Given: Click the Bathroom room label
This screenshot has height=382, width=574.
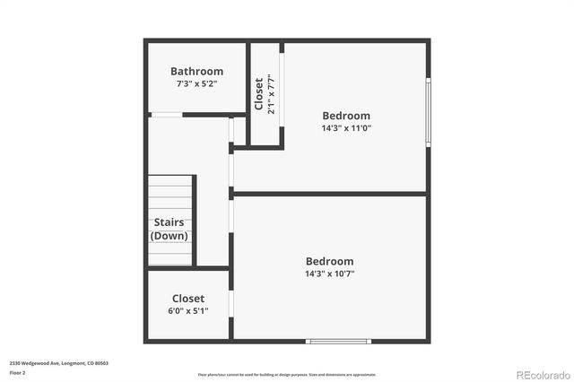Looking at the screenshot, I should point(196,72).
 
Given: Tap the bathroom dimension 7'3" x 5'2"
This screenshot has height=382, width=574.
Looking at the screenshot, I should point(196,83).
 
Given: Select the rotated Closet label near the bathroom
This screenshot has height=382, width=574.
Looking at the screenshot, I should point(258,93).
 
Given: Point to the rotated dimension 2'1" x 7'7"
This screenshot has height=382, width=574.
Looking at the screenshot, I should point(270,93).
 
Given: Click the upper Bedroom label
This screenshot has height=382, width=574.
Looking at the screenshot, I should point(346,116).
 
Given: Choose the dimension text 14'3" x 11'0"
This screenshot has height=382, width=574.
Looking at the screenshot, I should point(346,128).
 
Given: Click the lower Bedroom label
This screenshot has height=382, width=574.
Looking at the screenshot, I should point(329,262).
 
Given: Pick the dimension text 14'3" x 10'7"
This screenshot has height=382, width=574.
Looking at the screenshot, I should point(329,273).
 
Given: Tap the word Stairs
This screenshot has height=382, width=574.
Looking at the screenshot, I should point(170,222).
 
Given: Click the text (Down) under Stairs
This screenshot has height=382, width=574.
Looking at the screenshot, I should point(170,236).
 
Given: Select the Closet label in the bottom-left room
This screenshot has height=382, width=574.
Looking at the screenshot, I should point(188,299).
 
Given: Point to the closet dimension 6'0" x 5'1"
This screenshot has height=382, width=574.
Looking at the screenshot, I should point(188,311).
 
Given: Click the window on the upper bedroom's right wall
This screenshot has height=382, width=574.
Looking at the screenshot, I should point(428,112).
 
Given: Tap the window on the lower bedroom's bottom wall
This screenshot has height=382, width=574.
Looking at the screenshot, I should point(338,341).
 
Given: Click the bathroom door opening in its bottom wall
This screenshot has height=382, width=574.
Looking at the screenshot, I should point(166,115).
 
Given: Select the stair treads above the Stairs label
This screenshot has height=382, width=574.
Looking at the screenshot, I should point(170,192).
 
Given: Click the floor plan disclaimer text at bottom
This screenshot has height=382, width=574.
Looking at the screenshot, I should point(287,375).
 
